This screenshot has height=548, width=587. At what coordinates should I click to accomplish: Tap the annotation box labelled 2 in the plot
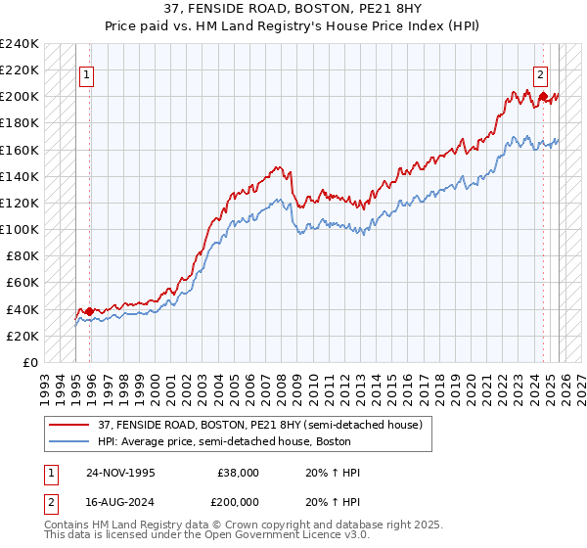pos(540,72)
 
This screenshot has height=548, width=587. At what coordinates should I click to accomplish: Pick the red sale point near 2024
pos(544,97)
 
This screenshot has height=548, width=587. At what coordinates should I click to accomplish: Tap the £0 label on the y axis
pos(29,362)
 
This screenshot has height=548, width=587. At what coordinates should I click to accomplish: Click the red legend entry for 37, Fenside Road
pos(258,425)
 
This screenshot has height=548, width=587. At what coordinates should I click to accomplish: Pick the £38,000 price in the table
pos(237,473)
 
